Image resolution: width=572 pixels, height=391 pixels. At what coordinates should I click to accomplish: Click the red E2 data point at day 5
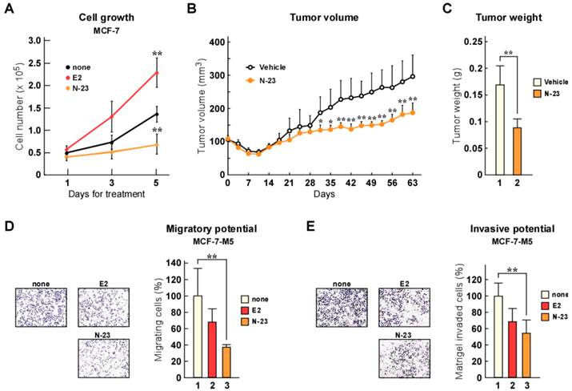[158, 72]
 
